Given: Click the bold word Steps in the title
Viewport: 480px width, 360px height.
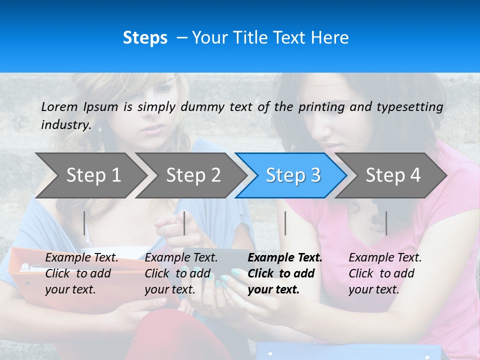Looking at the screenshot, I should (145, 37).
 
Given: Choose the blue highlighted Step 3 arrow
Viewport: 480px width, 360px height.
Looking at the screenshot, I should (292, 175).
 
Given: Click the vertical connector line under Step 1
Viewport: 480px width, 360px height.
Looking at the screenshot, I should (84, 223).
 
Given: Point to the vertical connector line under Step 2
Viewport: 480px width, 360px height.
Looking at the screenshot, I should (184, 223).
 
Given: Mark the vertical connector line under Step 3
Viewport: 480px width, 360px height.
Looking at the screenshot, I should (285, 223).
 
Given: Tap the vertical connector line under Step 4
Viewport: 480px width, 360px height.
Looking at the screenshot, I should (386, 223).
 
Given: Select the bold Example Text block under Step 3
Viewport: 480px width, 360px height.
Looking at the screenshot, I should (285, 273).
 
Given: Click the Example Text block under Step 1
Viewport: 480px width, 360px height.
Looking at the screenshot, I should (81, 273).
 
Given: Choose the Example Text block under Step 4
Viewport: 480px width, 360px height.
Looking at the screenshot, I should (385, 273).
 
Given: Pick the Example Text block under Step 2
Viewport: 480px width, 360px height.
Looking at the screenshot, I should (181, 273).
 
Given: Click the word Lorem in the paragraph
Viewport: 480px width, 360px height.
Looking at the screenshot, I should (59, 106).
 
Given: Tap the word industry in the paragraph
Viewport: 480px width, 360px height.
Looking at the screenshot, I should (66, 124).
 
